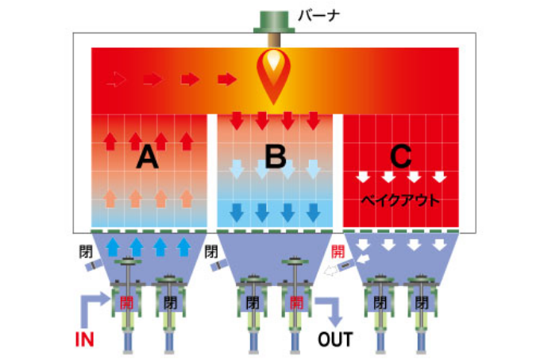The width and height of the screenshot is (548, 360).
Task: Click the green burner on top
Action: tap(274, 22)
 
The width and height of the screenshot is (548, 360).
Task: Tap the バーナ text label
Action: tap(318, 16)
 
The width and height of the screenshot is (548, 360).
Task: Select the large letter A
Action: tap(148, 158)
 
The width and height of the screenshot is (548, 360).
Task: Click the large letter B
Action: tap(276, 156)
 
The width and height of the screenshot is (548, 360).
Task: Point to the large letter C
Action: tap(400, 157)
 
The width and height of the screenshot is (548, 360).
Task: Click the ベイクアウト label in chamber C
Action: tap(400, 200)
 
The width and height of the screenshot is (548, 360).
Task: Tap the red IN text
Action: tap(84, 339)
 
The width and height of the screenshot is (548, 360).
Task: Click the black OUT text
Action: tap(335, 339)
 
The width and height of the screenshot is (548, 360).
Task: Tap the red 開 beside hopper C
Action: tap(338, 252)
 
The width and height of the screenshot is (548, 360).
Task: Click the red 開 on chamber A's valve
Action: tap(126, 303)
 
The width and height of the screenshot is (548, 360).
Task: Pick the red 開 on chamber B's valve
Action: tap(296, 303)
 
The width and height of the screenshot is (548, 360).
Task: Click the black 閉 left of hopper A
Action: tap(86, 252)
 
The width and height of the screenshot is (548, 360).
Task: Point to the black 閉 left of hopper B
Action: tap(211, 252)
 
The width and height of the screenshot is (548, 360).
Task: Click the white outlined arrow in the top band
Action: tap(116, 79)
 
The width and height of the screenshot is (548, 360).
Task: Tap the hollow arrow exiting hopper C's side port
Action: tap(331, 270)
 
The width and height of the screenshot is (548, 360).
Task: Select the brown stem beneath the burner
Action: tap(274, 41)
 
